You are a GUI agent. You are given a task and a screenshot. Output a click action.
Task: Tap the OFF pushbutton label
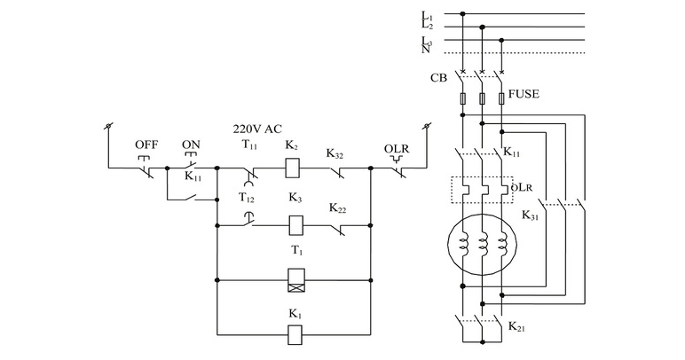[x=146, y=145]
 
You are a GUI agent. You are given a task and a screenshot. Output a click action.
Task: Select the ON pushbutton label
[x=192, y=145]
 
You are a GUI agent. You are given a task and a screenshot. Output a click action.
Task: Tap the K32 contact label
[x=335, y=153]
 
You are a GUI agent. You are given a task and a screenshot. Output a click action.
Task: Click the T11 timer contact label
[x=250, y=145]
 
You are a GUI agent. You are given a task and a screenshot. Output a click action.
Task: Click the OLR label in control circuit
[x=396, y=148]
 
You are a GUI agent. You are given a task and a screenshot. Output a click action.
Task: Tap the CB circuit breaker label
[x=438, y=78]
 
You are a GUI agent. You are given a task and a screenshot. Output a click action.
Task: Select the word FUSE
[x=524, y=92]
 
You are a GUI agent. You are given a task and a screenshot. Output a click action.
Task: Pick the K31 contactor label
[x=531, y=215]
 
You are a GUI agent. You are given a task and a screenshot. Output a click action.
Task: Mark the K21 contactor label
[x=516, y=327]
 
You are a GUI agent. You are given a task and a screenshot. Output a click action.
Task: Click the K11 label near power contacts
[x=512, y=153]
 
